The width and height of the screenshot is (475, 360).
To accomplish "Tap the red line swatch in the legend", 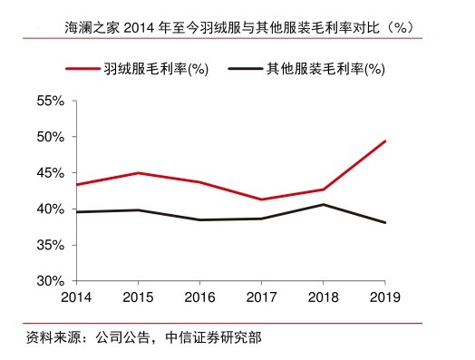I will pyautogui.click(x=82, y=69).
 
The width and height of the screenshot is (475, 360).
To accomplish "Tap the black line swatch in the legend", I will pyautogui.click(x=244, y=69).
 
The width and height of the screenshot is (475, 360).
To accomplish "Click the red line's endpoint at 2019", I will pyautogui.click(x=385, y=141).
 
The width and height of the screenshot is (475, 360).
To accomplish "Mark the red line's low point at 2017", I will pyautogui.click(x=261, y=199).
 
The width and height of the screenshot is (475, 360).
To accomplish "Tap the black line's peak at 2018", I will pyautogui.click(x=324, y=204).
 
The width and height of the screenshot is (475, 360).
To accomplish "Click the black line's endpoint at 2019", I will pyautogui.click(x=385, y=222).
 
